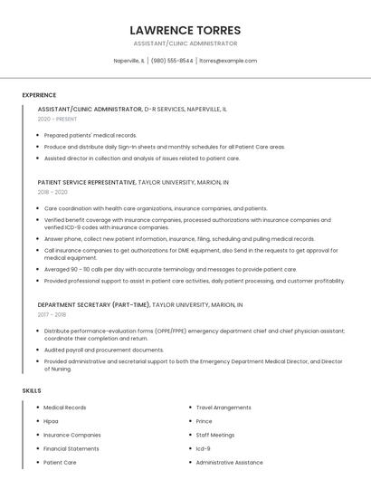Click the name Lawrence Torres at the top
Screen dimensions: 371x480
coord(185,30)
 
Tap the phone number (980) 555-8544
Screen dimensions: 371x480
coord(172,61)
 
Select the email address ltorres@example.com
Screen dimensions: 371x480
coord(228,61)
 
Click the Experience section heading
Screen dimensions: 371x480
coord(39,95)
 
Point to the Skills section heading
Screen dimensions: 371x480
coord(32,390)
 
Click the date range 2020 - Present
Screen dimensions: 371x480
coord(58,119)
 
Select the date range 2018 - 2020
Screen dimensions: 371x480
coord(52,192)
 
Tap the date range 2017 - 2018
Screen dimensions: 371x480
coord(52,314)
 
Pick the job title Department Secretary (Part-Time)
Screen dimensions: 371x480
coord(93,304)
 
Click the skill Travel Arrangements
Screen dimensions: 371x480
coord(224,408)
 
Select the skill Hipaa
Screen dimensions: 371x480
coord(51,421)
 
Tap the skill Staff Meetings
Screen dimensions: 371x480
coord(215,435)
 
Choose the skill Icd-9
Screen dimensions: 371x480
coord(204,448)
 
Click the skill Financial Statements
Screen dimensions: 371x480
coord(71,448)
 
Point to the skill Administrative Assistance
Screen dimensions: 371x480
coord(230,462)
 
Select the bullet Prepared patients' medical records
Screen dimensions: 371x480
coord(90,135)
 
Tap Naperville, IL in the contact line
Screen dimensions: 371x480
coord(128,61)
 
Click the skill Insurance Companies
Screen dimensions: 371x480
coord(72,435)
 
